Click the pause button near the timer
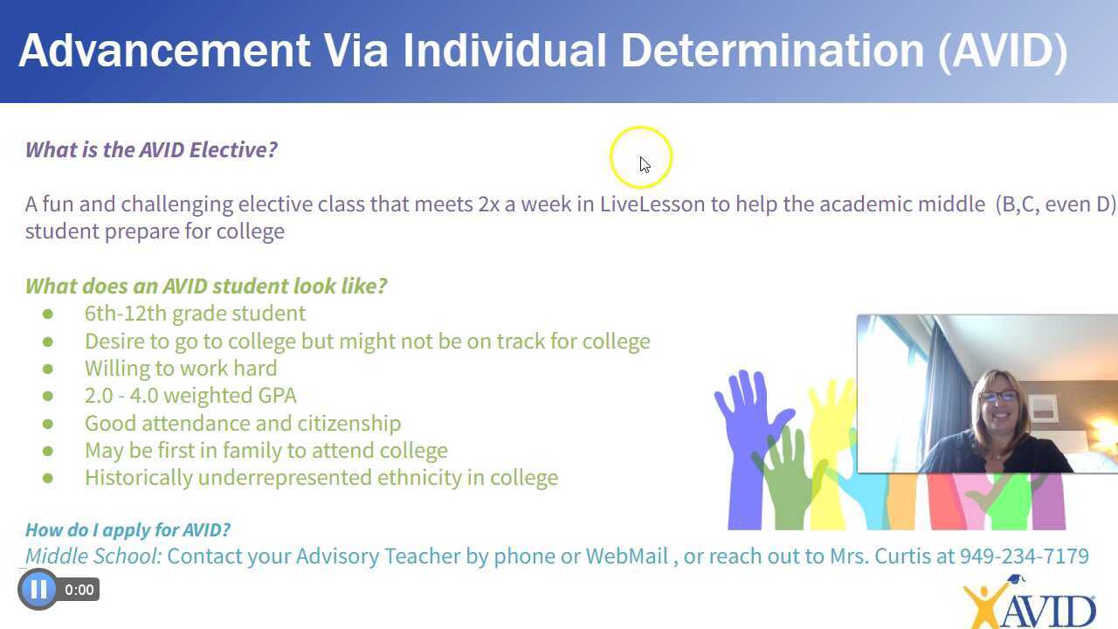38,590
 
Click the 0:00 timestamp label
79,591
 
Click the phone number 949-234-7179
1024,556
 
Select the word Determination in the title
772,51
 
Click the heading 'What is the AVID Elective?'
151,149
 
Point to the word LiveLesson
652,204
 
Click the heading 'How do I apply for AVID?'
128,529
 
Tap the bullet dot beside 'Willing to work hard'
47,369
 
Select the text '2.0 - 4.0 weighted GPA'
190,396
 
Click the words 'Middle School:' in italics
93,556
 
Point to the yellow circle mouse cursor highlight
641,158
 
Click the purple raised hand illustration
749,419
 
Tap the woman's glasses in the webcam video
997,397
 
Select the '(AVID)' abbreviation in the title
1003,51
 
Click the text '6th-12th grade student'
195,314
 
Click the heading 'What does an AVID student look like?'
206,287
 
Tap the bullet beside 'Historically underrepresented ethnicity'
47,478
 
